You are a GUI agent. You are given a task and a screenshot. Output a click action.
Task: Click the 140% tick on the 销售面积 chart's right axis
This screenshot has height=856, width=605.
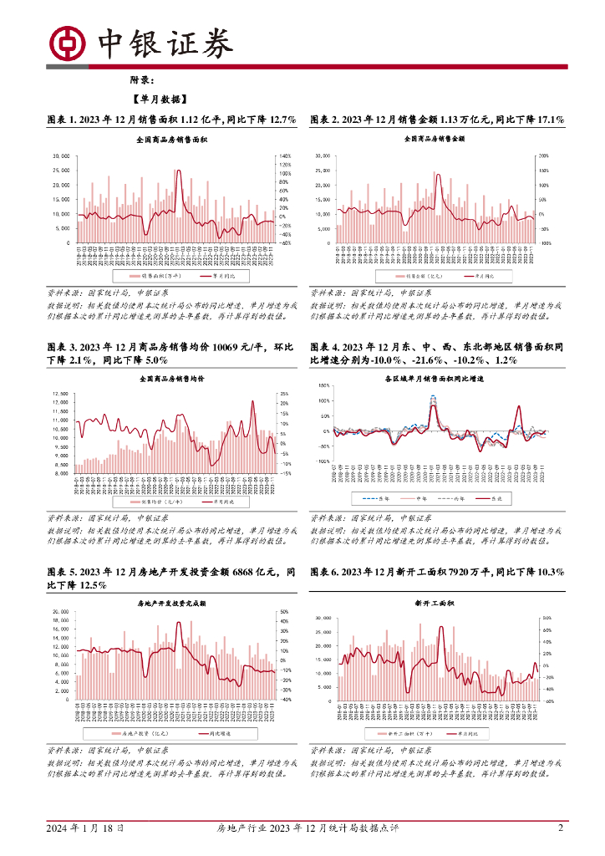coord(283,156)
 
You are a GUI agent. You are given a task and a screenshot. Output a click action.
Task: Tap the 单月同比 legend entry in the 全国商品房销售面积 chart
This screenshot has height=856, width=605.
coord(218,275)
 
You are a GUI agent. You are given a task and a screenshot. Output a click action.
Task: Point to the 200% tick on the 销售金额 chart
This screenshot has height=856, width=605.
coord(544,156)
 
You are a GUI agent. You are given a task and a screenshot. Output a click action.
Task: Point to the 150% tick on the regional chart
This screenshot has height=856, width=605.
coord(323,386)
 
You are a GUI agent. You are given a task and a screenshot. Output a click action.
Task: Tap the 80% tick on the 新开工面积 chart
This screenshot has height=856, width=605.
coord(547,618)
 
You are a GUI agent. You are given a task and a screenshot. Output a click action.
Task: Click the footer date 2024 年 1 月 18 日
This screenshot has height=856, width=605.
coord(85,828)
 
